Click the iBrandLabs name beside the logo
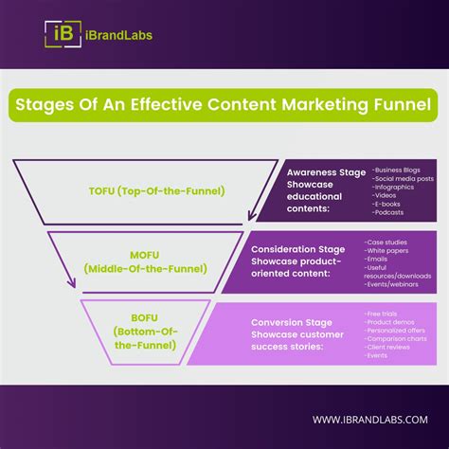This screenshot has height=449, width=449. coord(117,35)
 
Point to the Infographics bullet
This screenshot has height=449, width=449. coord(396,186)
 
